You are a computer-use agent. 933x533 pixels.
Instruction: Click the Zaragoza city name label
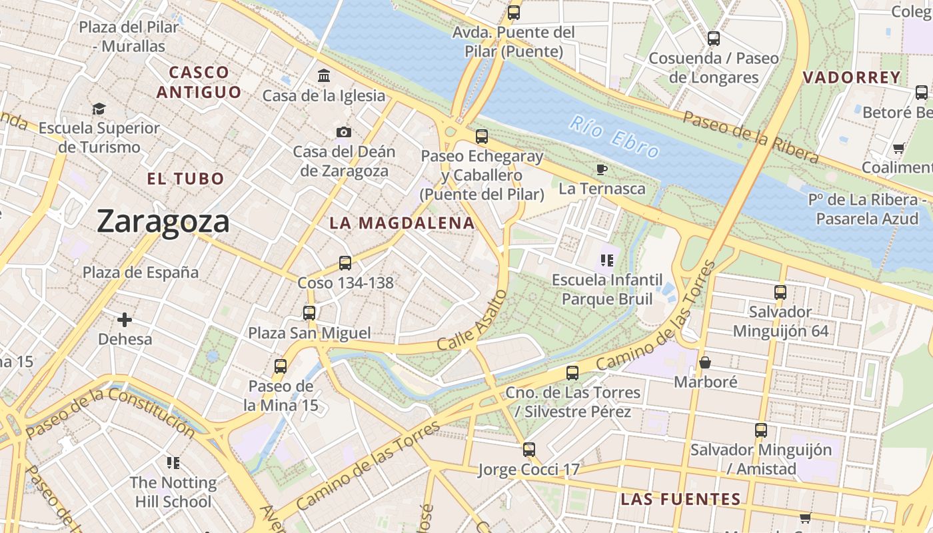(163, 221)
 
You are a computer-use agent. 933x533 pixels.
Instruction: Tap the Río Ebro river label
(614, 137)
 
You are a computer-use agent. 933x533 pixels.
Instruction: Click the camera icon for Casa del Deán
(344, 132)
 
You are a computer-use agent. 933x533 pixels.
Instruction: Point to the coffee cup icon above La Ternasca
(602, 169)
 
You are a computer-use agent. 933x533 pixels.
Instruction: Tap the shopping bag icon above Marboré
(705, 362)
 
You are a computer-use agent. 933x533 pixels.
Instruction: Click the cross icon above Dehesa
(125, 320)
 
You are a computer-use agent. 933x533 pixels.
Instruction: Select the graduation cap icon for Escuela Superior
(99, 109)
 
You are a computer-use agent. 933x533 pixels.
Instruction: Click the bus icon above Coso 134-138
(345, 263)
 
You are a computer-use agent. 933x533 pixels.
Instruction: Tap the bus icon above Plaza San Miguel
(309, 312)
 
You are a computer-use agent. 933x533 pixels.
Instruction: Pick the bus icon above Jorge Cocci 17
(529, 450)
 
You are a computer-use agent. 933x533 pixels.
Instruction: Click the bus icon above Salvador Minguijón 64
(780, 292)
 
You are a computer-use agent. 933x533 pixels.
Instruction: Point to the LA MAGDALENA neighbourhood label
(402, 223)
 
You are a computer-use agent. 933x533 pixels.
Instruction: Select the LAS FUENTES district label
(680, 499)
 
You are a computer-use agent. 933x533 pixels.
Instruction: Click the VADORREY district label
(852, 77)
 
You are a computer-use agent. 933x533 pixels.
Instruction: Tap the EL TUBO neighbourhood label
(185, 179)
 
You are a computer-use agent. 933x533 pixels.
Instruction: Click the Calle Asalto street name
(472, 320)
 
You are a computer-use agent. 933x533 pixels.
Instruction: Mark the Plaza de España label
(141, 272)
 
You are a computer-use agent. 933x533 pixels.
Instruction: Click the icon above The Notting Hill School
(173, 462)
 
